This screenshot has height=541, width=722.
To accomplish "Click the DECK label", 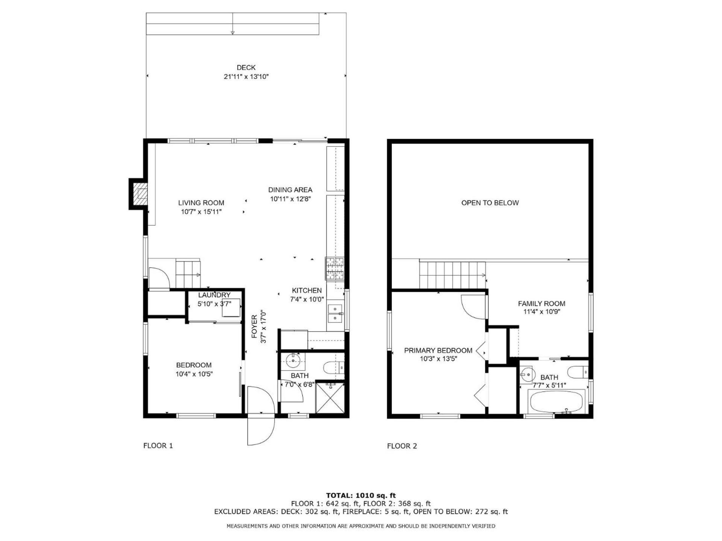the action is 246,68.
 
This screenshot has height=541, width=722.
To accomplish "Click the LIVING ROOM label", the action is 201,203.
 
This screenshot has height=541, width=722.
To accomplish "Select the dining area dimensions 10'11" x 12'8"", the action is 290,199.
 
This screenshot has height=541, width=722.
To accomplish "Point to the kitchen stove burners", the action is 335,268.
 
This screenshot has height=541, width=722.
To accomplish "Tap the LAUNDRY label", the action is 214,295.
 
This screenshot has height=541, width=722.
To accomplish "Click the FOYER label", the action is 255,326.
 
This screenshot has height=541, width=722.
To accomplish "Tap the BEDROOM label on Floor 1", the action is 194,365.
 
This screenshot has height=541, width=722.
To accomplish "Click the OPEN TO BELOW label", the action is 490,203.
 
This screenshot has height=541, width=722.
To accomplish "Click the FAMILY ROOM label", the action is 541,304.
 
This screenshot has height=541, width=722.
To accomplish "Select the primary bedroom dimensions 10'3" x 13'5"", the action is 438,359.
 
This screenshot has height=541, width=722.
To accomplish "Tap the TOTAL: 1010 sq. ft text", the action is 361,496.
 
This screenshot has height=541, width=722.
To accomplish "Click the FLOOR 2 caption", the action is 402,446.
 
